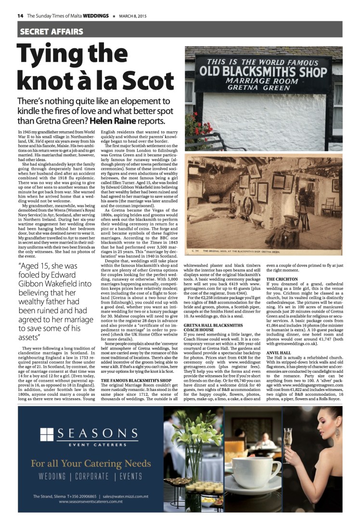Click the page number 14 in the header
21,15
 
